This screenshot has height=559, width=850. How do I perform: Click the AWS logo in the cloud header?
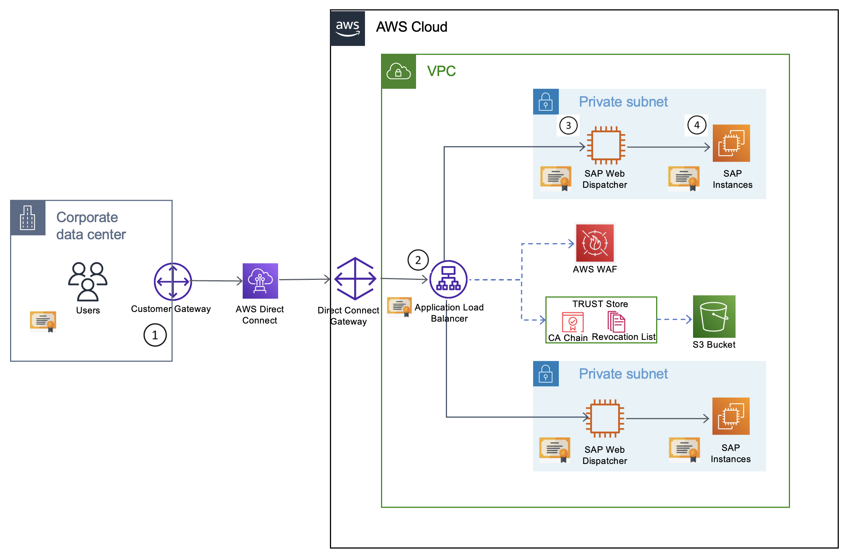coord(347,28)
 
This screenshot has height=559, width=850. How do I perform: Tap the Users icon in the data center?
coord(88,281)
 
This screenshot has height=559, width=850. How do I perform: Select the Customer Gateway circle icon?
coord(173,282)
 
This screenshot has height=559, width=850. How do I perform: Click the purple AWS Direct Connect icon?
coord(260,281)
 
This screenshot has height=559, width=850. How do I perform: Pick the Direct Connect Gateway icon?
coord(355,279)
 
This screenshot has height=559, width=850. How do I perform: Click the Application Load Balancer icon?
coord(448,279)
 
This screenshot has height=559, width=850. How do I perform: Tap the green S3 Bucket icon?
coord(714,316)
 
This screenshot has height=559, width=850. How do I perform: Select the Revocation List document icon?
coord(616,322)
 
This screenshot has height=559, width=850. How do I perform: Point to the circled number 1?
coord(155,335)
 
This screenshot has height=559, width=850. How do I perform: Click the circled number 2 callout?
coord(418,260)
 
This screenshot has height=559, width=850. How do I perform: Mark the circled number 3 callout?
coord(568,126)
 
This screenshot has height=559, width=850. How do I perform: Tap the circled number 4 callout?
coord(697,125)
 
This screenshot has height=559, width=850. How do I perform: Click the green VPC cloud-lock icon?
coord(399,72)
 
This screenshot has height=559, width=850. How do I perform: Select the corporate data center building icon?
coord(28,218)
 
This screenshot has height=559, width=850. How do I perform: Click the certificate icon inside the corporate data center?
coord(43,321)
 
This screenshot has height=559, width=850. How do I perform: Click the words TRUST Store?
coord(600,304)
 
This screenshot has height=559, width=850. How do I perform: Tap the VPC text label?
coord(441,71)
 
